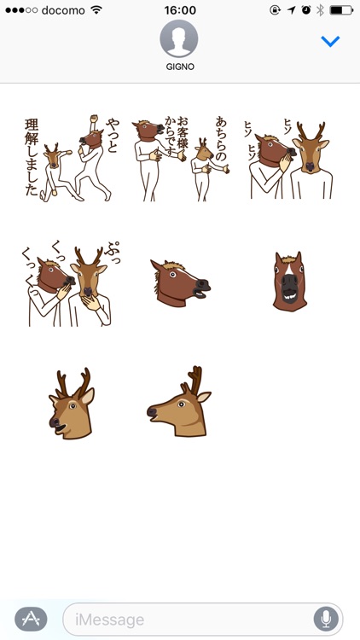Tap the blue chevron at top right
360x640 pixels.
[x=330, y=41]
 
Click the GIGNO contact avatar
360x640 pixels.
[x=179, y=38]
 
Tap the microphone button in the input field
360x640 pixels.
[x=325, y=619]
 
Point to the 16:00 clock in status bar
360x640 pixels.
[x=179, y=10]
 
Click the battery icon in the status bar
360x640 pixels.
[x=341, y=10]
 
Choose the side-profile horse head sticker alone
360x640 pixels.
[x=178, y=282]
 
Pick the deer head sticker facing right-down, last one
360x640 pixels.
[x=179, y=403]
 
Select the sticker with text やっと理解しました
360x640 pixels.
[x=69, y=158]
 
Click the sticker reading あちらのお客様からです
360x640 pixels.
[x=179, y=158]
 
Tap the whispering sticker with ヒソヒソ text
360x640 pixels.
[x=288, y=158]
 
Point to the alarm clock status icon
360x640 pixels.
[x=305, y=10]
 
